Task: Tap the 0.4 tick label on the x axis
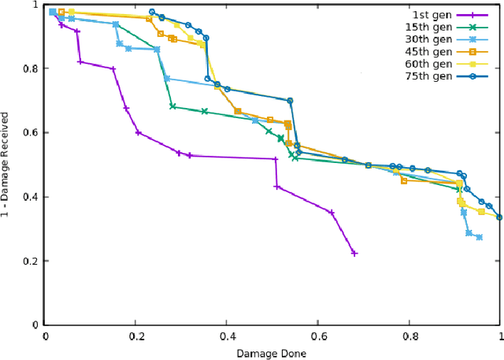click(x=227, y=336)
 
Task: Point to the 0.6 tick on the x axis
click(x=318, y=336)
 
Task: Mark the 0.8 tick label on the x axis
click(x=409, y=336)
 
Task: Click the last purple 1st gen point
click(x=354, y=254)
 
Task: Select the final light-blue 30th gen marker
click(x=479, y=237)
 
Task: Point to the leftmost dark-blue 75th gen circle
click(x=152, y=12)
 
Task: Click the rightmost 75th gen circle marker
click(x=499, y=217)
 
